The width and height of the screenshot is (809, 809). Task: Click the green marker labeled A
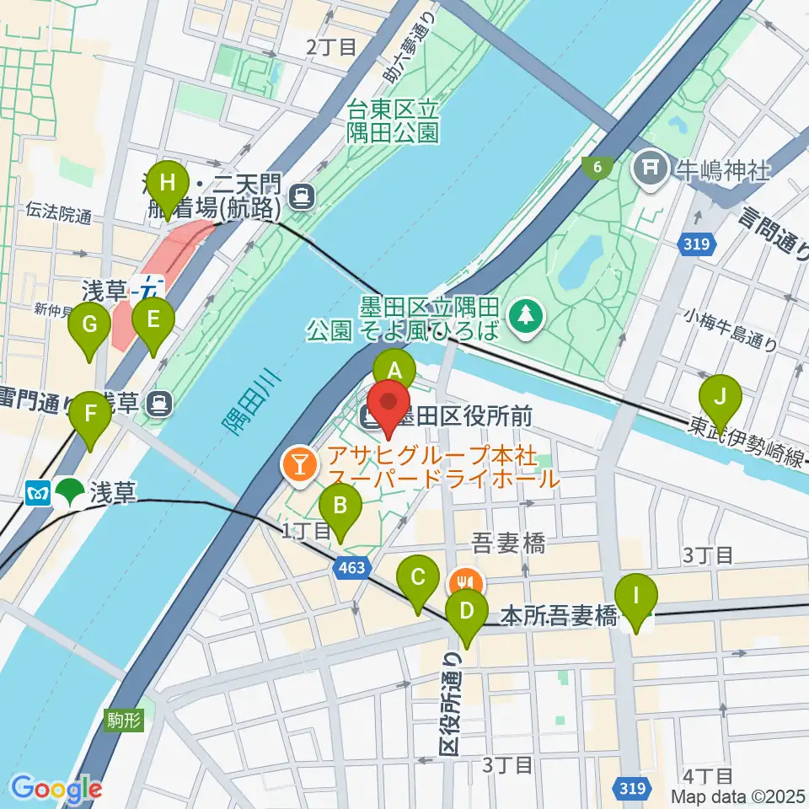pyautogui.click(x=394, y=371)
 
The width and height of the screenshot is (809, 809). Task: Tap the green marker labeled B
pyautogui.click(x=340, y=508)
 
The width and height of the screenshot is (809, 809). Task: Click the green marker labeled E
pyautogui.click(x=153, y=322)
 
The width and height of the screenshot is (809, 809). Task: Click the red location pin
pyautogui.click(x=387, y=409)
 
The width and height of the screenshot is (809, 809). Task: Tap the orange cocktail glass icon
pyautogui.click(x=297, y=462)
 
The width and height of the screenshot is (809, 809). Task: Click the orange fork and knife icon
pyautogui.click(x=465, y=581)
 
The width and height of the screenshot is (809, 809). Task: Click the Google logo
pyautogui.click(x=56, y=789)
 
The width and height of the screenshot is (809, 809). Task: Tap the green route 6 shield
pyautogui.click(x=597, y=168)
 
